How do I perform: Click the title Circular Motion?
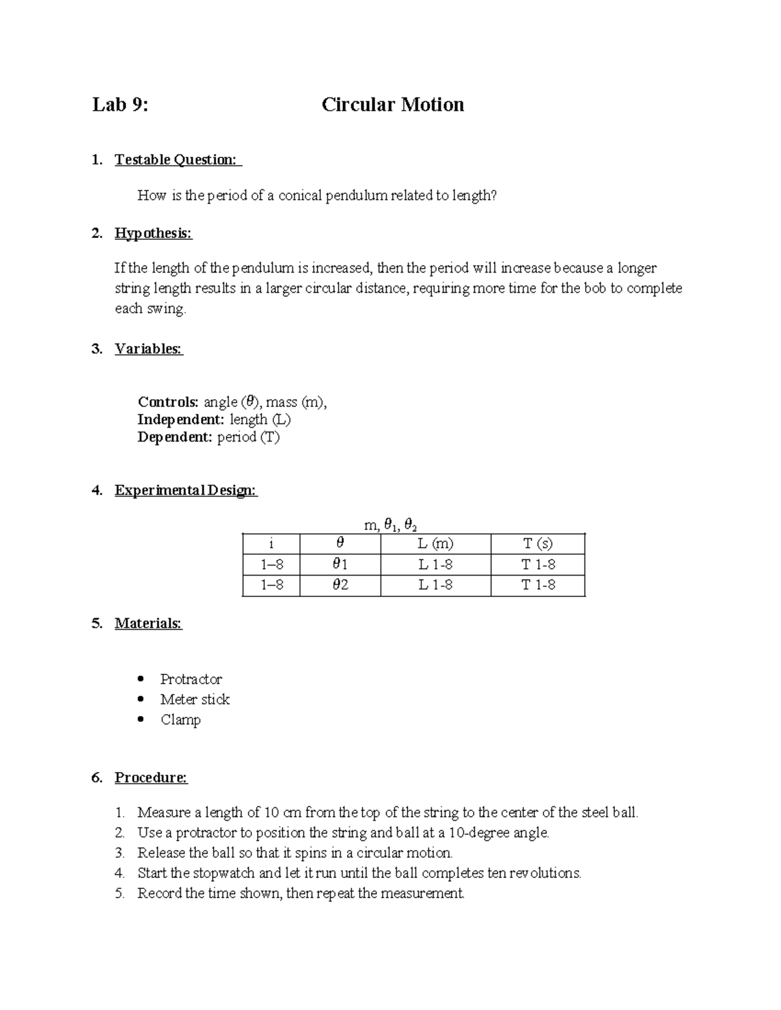[x=392, y=105]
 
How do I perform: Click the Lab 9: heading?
[x=120, y=105]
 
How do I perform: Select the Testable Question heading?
[x=176, y=160]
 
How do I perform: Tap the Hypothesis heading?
[x=154, y=233]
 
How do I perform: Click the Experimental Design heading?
[x=185, y=490]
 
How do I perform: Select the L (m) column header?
[x=435, y=544]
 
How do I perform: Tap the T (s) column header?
[x=538, y=544]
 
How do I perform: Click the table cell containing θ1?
[x=340, y=565]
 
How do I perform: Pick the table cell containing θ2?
[x=340, y=585]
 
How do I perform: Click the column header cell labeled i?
[x=271, y=544]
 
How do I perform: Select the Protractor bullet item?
[x=191, y=679]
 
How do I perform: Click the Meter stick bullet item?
[x=195, y=699]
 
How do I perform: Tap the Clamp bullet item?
[x=180, y=719]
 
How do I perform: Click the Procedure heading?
[x=151, y=778]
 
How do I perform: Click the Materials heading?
[x=148, y=624]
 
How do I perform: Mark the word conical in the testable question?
[x=300, y=196]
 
